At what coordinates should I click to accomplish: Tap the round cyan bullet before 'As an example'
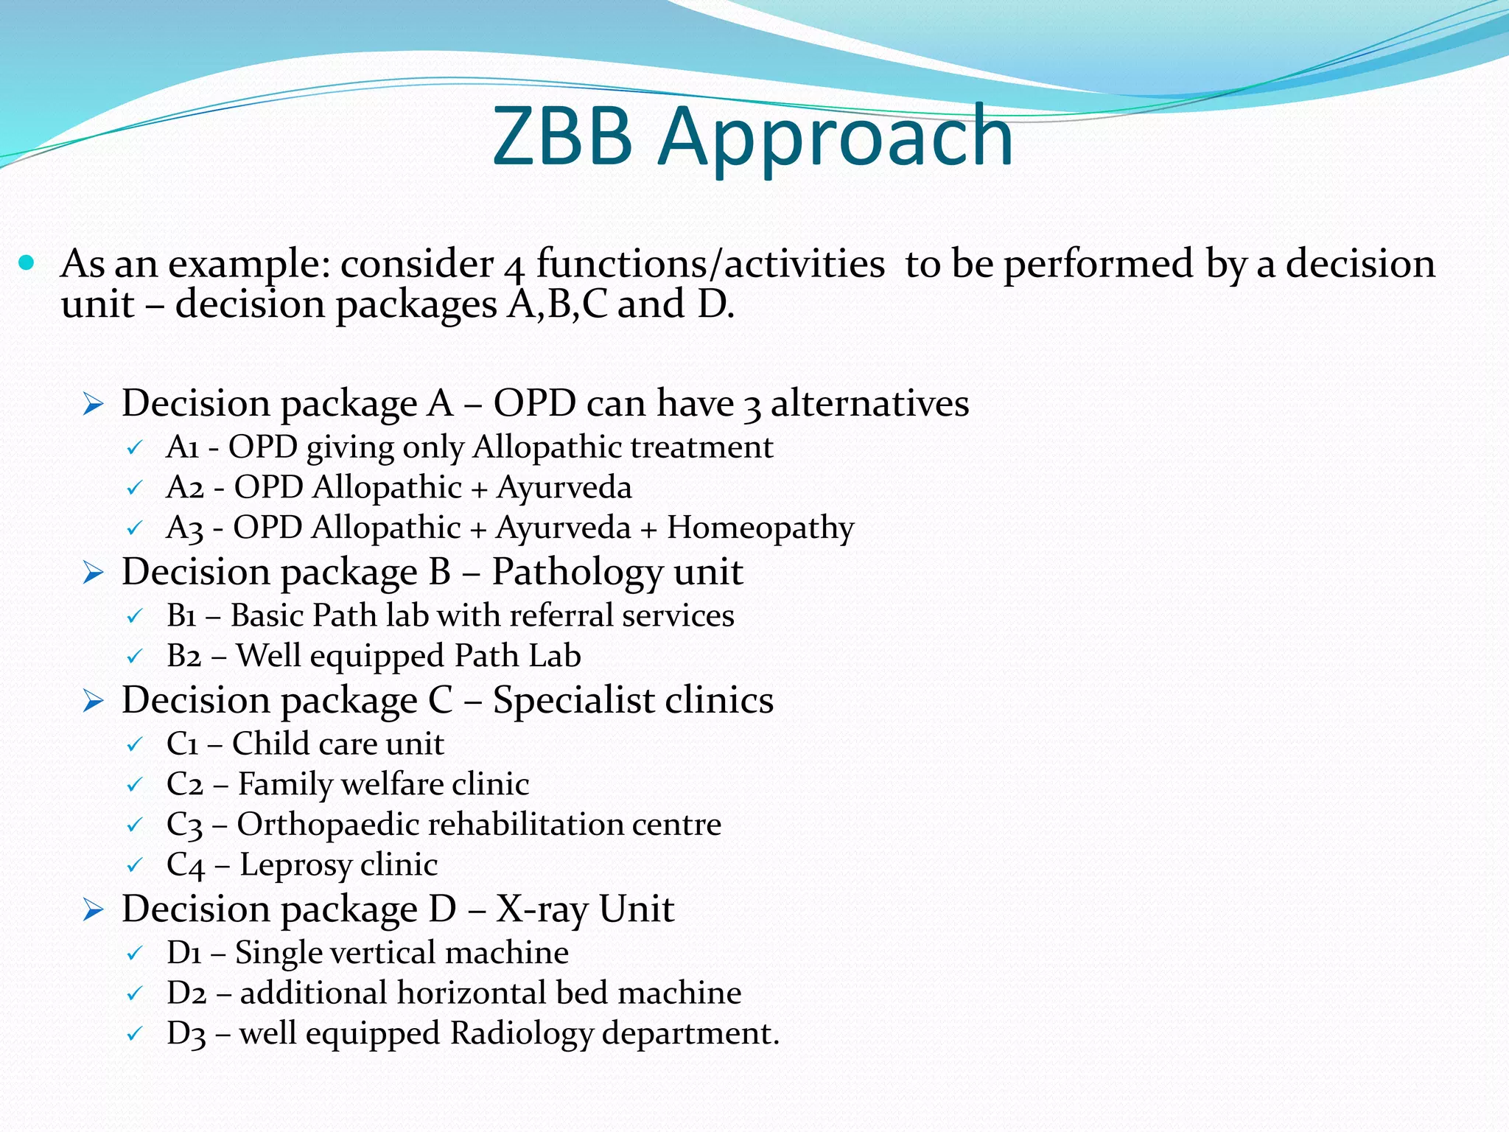click(27, 262)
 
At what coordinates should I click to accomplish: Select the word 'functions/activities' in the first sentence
click(710, 264)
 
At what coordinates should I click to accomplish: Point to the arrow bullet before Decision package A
click(93, 404)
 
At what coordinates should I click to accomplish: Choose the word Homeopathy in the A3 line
click(760, 528)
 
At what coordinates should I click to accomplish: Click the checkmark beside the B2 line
click(134, 657)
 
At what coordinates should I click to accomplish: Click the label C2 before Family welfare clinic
click(184, 784)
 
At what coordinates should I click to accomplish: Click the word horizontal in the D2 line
click(472, 993)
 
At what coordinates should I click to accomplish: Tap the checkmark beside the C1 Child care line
click(134, 744)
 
